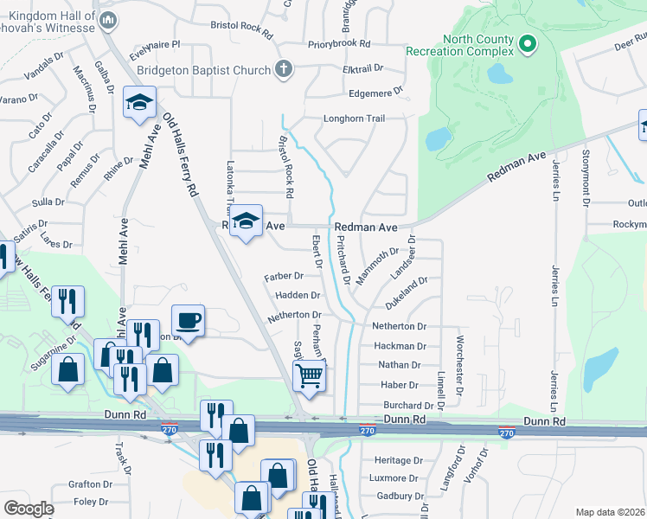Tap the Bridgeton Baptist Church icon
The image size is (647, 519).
point(282,68)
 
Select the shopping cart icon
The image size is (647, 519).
point(309,375)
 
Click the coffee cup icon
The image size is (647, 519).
point(189,321)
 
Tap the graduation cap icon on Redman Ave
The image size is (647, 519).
point(247,221)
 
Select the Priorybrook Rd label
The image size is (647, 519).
point(338,43)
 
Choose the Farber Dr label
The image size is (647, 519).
point(284,276)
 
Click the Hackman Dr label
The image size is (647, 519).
point(400,346)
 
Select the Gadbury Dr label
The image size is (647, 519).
point(398,497)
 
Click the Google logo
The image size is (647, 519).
point(29,509)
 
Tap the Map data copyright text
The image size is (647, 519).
point(609,512)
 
